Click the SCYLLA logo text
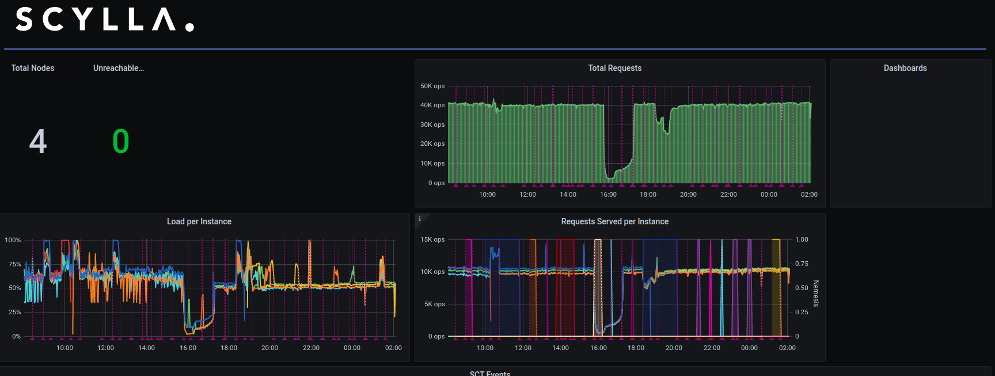pyautogui.click(x=104, y=20)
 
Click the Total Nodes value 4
pyautogui.click(x=38, y=141)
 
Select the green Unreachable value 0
pyautogui.click(x=121, y=141)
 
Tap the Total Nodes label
pyautogui.click(x=33, y=68)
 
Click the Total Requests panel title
pyautogui.click(x=614, y=68)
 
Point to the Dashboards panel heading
pyautogui.click(x=905, y=68)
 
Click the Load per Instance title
pyautogui.click(x=199, y=221)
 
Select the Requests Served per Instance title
pyautogui.click(x=614, y=221)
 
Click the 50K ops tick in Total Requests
pyautogui.click(x=432, y=86)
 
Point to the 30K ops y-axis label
pyautogui.click(x=432, y=125)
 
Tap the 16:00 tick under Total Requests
pyautogui.click(x=608, y=194)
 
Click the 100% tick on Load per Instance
pyautogui.click(x=13, y=240)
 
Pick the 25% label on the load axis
pyautogui.click(x=14, y=312)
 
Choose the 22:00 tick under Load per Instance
pyautogui.click(x=311, y=348)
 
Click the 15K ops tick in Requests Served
pyautogui.click(x=432, y=239)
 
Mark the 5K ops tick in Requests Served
pyautogui.click(x=435, y=304)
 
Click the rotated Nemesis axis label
pyautogui.click(x=816, y=293)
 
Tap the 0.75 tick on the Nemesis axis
pyautogui.click(x=802, y=264)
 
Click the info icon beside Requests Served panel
pyautogui.click(x=420, y=219)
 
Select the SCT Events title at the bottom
pyautogui.click(x=490, y=373)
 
